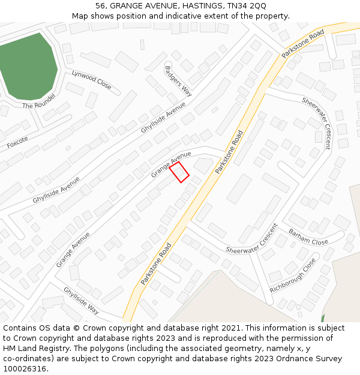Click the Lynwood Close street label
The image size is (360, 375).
pyautogui.click(x=91, y=80)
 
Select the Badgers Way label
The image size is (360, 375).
pyautogui.click(x=178, y=80)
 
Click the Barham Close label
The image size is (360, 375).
pyautogui.click(x=308, y=237)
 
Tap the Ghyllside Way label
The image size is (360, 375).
pyautogui.click(x=81, y=300)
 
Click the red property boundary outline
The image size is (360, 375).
pyautogui.click(x=179, y=172)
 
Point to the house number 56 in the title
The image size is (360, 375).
pyautogui.click(x=101, y=5)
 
